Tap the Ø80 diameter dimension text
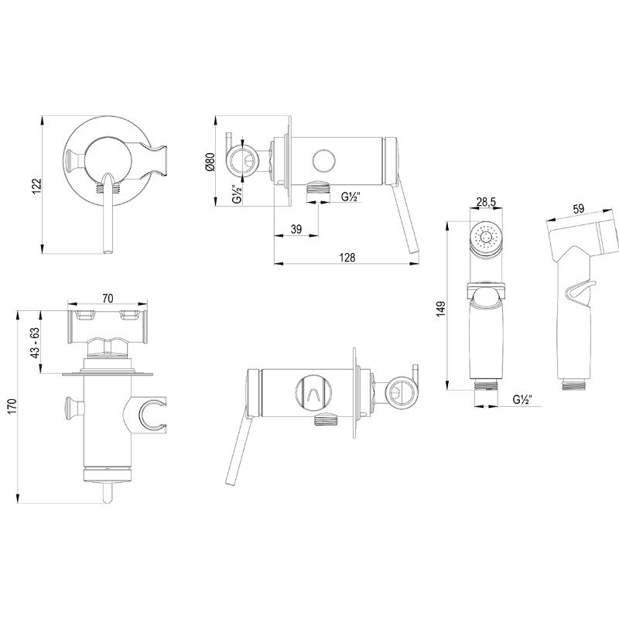210,162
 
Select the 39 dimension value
296,228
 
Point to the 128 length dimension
347,258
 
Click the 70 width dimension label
108,299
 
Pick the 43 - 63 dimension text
36,342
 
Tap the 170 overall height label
12,407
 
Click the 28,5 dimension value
486,202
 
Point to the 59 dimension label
579,208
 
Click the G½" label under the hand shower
522,399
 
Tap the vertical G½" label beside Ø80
237,193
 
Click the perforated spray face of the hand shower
486,238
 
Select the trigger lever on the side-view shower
578,292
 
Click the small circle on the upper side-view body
323,161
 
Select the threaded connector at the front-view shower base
486,385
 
